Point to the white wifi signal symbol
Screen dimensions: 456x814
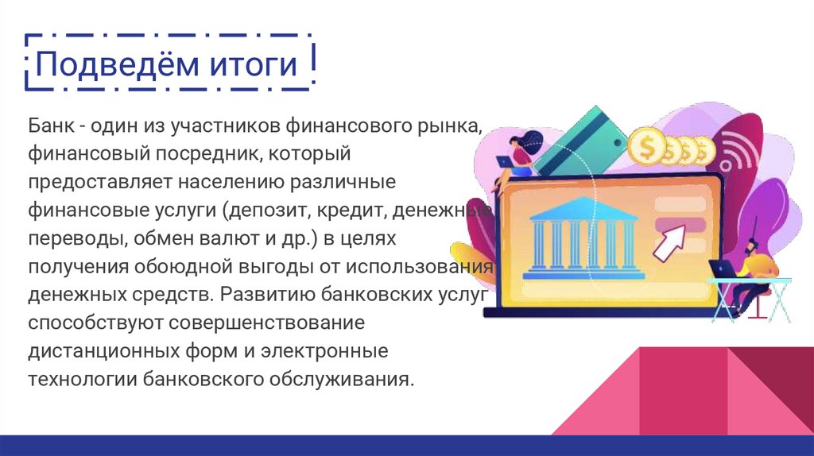tap(740, 155)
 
